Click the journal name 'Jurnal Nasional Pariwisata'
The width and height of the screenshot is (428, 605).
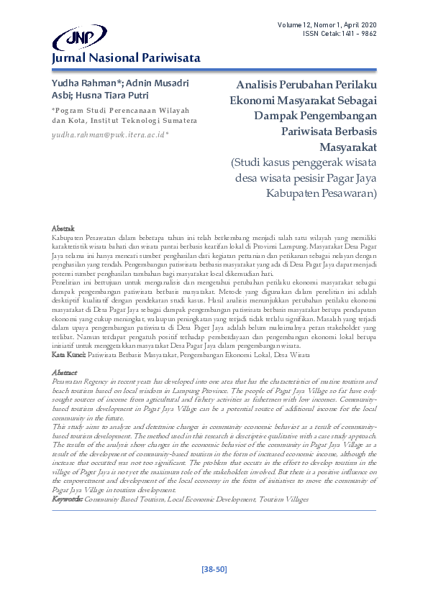[x=125, y=58]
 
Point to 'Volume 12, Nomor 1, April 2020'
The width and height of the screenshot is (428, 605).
[x=327, y=26]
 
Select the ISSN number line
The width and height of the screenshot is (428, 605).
[x=340, y=34]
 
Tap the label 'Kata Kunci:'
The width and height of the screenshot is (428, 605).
[x=70, y=354]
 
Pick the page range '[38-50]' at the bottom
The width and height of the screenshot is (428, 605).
[x=213, y=569]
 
